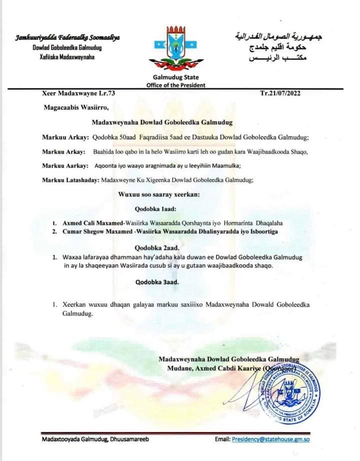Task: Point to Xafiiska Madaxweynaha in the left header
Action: click(x=52, y=56)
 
